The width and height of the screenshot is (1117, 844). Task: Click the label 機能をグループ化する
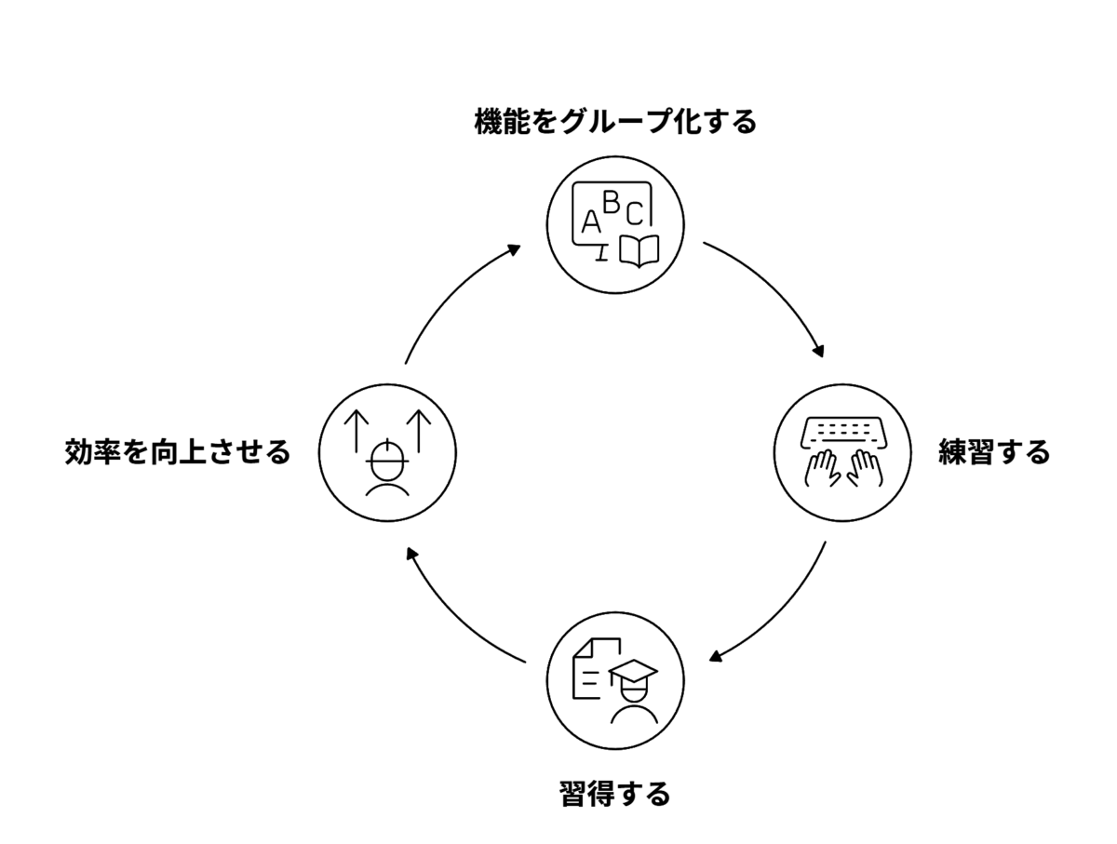[614, 122]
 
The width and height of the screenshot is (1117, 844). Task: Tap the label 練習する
[993, 453]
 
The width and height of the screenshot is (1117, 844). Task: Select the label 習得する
[614, 795]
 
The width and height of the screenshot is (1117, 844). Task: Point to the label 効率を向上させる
[178, 453]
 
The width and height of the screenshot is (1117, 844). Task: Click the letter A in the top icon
[590, 222]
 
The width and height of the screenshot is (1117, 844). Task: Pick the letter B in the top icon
[611, 201]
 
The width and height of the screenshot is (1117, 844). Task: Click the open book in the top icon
[639, 251]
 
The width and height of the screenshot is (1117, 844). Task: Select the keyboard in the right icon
[843, 430]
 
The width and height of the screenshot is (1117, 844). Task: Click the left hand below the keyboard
[823, 467]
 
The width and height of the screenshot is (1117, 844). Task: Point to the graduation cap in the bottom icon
[632, 673]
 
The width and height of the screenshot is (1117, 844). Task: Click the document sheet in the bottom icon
[590, 668]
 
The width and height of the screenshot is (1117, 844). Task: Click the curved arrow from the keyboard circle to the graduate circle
[782, 614]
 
